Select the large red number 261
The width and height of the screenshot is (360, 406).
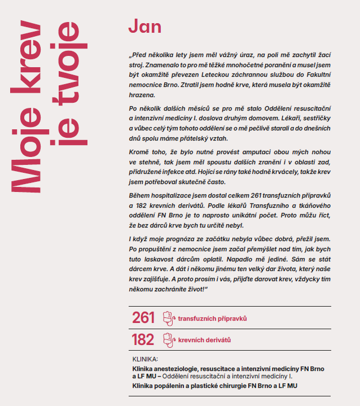(x=143, y=318)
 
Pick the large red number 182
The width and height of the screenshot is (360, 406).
(x=143, y=339)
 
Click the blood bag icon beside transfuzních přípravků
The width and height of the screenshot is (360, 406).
(x=168, y=318)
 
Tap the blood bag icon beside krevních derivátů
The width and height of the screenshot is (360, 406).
(x=168, y=339)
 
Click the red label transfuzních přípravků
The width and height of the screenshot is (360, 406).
(x=213, y=319)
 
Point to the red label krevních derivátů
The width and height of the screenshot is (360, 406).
(x=204, y=340)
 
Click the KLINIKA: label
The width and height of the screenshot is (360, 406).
(x=145, y=359)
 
